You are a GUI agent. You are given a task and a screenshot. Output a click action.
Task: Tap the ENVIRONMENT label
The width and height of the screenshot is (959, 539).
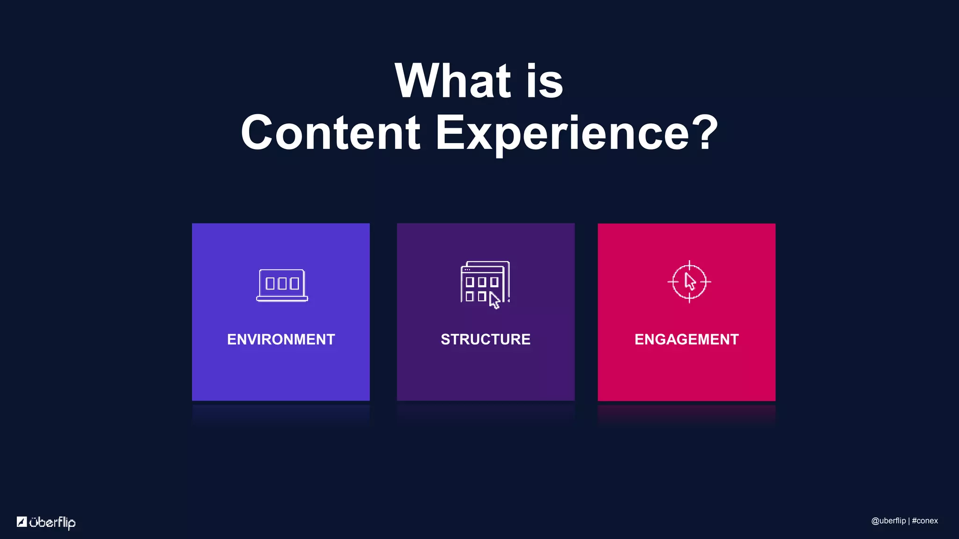tap(281, 339)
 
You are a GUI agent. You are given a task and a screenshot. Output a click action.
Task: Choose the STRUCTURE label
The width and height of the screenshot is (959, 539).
tap(486, 339)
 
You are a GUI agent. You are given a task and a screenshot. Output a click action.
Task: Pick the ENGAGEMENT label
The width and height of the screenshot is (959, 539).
tap(686, 339)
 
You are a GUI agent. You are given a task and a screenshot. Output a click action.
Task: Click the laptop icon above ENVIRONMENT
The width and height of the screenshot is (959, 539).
tap(282, 285)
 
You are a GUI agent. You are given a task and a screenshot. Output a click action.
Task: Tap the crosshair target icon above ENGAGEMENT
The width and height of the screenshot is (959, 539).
tap(689, 282)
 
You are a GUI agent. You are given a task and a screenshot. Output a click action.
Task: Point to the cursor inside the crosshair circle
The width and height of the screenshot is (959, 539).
tap(690, 282)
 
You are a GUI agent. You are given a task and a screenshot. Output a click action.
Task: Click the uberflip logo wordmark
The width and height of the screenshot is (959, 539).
tap(52, 522)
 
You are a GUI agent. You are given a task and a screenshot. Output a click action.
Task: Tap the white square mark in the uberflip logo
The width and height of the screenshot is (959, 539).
tap(22, 522)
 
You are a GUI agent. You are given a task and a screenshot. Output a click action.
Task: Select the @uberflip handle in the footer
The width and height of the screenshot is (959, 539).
tap(888, 521)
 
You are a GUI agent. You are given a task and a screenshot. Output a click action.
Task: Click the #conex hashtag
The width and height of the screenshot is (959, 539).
tap(925, 521)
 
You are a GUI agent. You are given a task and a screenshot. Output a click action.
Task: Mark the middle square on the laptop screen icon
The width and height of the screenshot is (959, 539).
tap(282, 284)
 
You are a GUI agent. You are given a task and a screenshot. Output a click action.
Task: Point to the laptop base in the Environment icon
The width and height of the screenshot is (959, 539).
tap(282, 299)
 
